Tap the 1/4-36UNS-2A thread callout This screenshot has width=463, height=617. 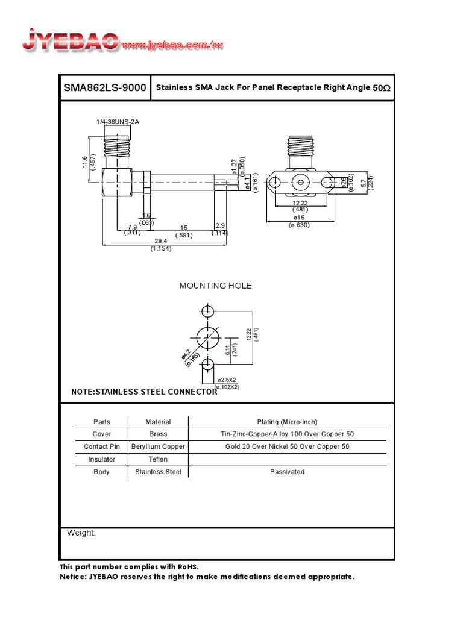pos(118,122)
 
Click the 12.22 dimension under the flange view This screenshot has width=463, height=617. pos(300,203)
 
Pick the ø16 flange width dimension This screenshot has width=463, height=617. pos(300,218)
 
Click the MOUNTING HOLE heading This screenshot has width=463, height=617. pos(215,286)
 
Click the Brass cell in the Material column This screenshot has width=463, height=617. pos(158,434)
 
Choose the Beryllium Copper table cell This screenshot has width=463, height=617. pos(158,446)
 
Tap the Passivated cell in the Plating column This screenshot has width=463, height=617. pos(287,472)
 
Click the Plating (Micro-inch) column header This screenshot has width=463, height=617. pos(287,422)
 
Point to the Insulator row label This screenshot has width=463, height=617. pos(101,459)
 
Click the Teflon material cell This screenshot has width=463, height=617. pos(158,459)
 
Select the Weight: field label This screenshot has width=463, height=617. pos(81,533)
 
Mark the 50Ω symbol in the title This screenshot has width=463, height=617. pos(382,88)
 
